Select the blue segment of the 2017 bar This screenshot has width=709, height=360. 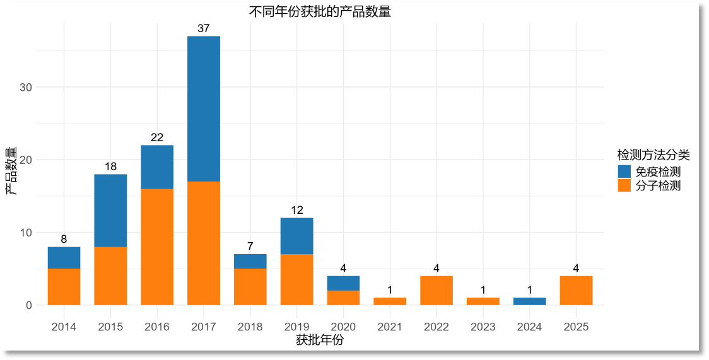tap(204, 108)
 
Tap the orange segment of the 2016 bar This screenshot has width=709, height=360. tap(157, 247)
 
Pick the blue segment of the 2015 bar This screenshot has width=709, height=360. tap(110, 211)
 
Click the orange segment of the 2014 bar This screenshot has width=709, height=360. tap(64, 287)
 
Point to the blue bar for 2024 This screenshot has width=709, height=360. tap(529, 301)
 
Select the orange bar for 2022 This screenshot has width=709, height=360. tap(437, 291)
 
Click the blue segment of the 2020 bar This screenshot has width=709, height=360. tap(343, 283)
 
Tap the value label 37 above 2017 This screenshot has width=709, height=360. tap(204, 28)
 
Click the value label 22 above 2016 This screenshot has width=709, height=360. tap(157, 137)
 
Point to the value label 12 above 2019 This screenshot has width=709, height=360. tap(296, 210)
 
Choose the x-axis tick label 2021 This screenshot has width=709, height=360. tap(390, 327)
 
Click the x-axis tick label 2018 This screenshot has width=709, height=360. tap(250, 327)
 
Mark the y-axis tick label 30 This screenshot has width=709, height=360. tap(26, 87)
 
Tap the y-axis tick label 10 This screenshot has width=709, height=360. tap(26, 233)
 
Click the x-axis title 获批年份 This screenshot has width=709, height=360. tap(320, 340)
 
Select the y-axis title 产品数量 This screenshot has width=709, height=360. tap(11, 171)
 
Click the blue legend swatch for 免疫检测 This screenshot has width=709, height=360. tap(624, 171)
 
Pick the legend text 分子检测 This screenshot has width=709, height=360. tap(658, 186)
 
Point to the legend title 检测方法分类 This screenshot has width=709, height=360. tap(653, 154)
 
